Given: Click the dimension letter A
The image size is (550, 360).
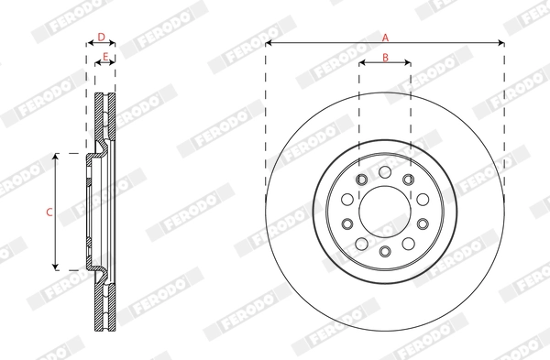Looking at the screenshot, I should coord(385,38).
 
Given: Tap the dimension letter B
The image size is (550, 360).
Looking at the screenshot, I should coord(385,57).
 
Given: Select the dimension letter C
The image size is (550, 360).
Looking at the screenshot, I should coord(49,212).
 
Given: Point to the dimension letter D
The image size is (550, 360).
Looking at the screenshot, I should coord(102,38).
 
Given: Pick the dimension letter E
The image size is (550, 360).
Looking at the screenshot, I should coord(105,57).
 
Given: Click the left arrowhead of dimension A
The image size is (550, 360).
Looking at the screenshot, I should coord(269,43).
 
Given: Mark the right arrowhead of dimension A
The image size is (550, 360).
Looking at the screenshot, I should coord(501,43).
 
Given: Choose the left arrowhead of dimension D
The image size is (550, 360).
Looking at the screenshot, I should coord(89,43).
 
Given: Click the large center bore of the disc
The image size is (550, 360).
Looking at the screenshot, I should coord(385,212).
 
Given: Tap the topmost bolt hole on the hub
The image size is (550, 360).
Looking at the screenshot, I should coord(385,171).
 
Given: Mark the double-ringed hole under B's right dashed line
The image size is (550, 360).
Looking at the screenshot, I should coord(409,179).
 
